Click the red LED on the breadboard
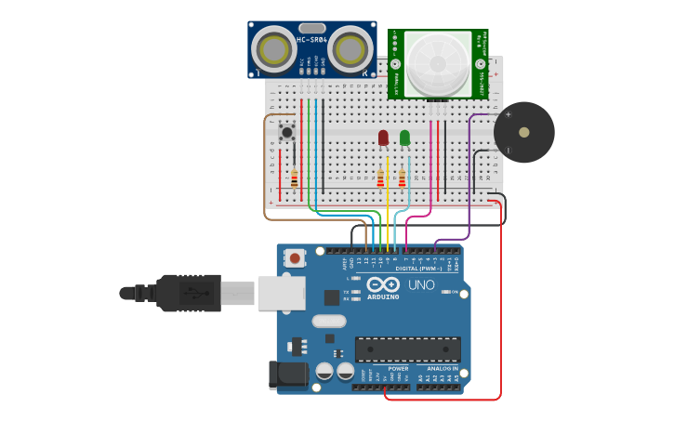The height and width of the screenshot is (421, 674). (383, 138)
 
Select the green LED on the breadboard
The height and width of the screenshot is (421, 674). (404, 138)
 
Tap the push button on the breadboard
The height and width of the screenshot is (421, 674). (287, 133)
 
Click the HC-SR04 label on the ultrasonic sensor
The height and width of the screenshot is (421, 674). (311, 39)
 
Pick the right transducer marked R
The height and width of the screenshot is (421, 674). (349, 50)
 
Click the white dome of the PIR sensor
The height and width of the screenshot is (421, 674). (436, 65)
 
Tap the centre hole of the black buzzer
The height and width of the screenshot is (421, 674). (524, 132)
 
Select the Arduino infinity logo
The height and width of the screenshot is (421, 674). (383, 285)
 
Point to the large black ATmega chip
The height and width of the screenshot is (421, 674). (407, 349)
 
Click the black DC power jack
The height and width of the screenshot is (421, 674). (288, 375)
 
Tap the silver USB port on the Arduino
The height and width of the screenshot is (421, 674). (281, 292)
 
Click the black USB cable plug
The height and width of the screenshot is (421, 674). (191, 292)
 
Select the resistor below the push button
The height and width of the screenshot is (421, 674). (295, 178)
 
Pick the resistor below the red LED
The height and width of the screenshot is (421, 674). (380, 178)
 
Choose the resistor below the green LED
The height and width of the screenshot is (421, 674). (403, 178)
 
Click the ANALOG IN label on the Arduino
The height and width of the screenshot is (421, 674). (435, 368)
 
